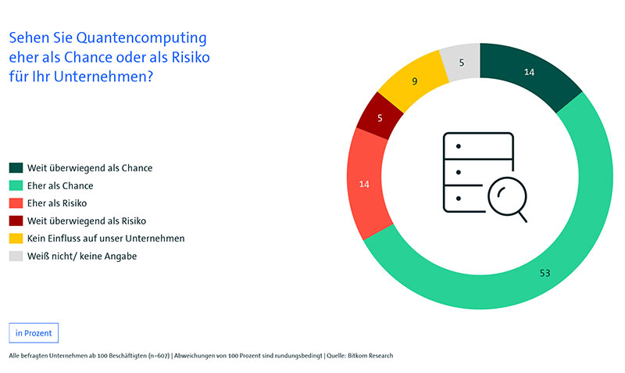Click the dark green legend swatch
(16, 167)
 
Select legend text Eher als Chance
(60, 185)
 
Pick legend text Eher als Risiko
(58, 203)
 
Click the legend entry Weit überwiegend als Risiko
(87, 221)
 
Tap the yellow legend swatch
(16, 239)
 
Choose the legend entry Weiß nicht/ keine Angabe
(82, 256)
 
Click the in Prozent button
(34, 332)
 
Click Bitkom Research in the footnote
(368, 356)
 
